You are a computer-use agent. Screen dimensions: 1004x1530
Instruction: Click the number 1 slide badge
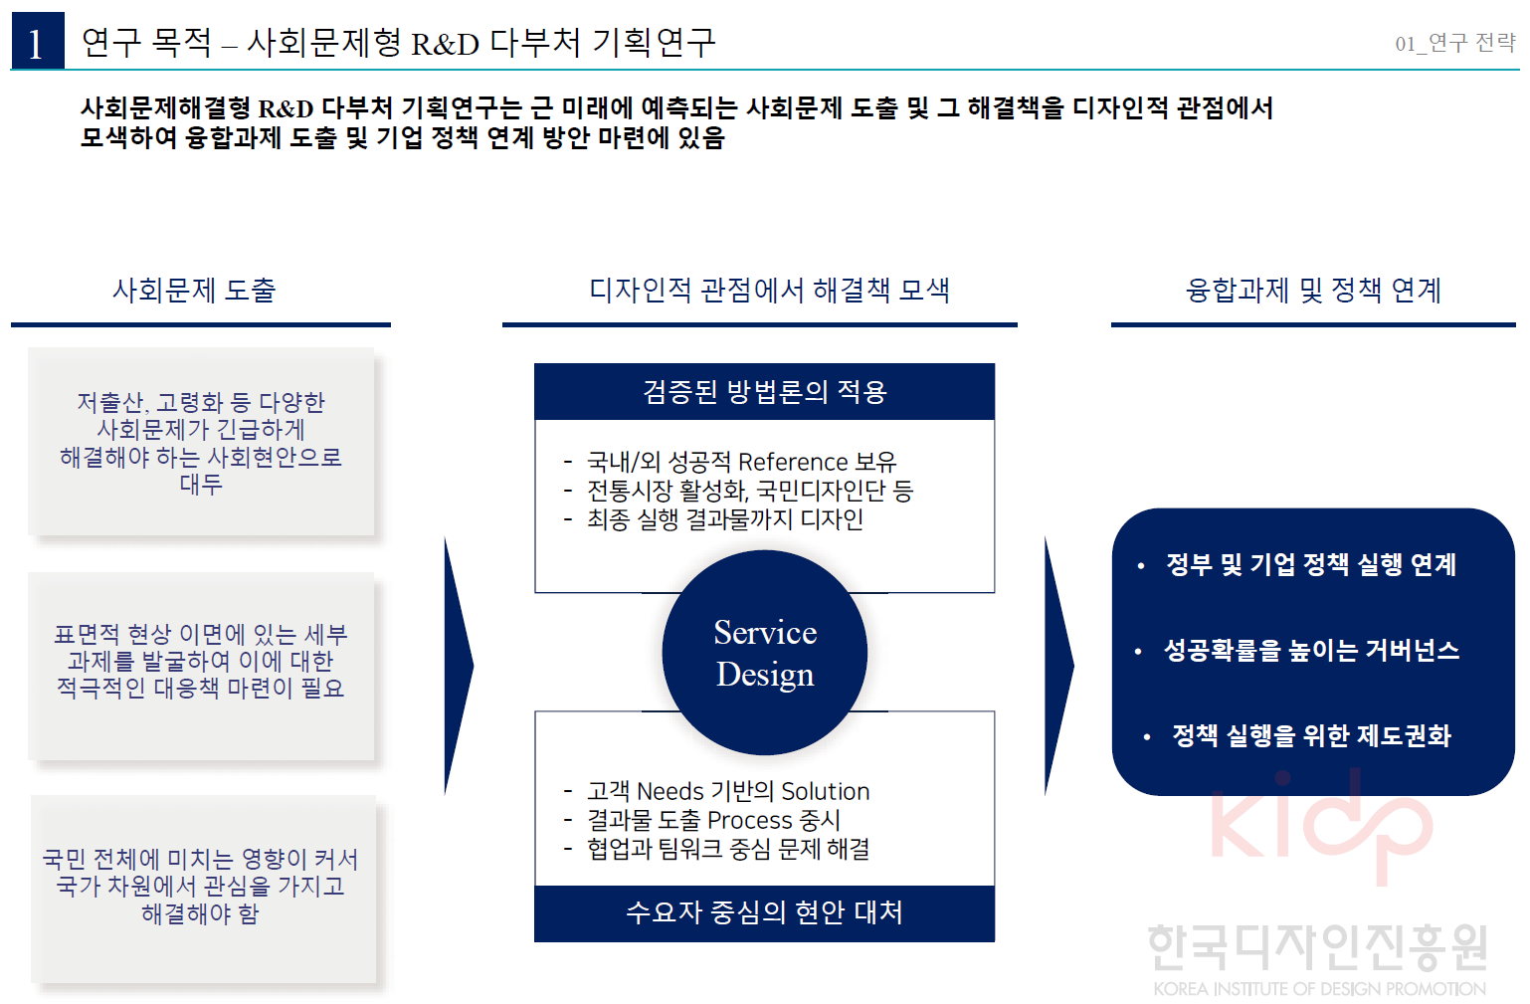37,42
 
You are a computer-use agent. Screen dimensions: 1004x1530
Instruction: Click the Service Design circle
764,653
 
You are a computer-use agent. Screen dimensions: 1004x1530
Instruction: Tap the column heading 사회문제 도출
194,291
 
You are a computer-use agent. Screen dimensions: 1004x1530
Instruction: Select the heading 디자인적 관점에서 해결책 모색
769,291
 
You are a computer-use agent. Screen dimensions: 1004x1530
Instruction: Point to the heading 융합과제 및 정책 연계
1313,291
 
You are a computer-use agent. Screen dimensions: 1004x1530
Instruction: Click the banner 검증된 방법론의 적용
764,392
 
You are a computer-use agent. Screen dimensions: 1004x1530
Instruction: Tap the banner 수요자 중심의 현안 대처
764,912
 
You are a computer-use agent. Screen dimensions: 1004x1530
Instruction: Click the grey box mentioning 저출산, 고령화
201,443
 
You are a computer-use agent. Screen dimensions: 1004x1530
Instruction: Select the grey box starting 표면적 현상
201,662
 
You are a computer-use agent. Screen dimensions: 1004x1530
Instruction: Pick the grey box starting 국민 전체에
201,887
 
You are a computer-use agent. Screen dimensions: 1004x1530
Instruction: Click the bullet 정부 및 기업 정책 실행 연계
1310,565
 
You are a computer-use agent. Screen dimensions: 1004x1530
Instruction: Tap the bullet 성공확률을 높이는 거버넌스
1311,651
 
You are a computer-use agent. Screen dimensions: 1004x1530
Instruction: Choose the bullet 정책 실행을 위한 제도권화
1311,736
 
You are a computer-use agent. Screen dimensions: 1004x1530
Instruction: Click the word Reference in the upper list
793,463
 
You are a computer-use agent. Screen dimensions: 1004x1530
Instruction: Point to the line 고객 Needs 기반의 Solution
727,792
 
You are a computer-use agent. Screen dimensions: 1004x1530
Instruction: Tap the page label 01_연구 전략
1454,43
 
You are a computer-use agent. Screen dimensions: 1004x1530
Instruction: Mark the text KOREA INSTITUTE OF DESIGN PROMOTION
1319,989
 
